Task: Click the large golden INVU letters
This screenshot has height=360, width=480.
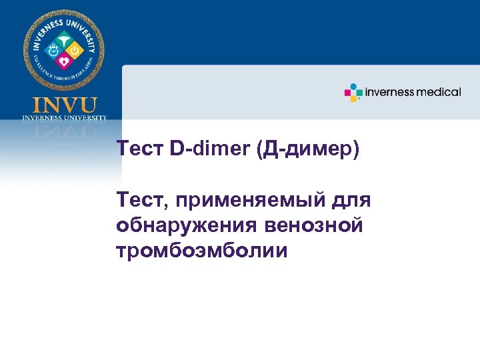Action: click(x=64, y=105)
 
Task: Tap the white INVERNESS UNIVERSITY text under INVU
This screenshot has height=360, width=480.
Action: click(x=64, y=117)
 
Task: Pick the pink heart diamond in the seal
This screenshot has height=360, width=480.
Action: click(x=64, y=60)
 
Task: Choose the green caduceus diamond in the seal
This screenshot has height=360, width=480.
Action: click(x=64, y=38)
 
